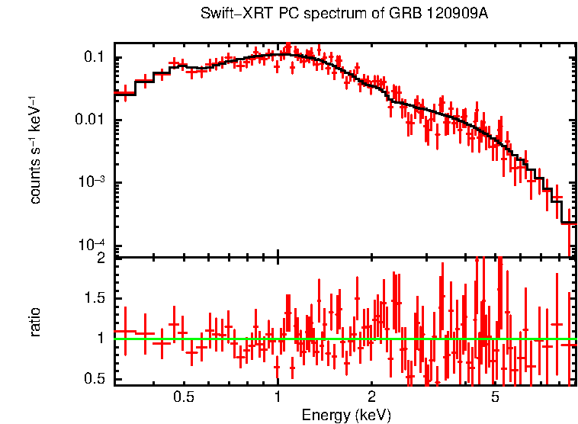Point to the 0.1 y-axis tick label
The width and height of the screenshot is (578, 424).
coord(95,58)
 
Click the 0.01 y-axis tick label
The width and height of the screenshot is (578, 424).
coord(92,120)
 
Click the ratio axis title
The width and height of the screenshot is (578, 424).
coord(35,322)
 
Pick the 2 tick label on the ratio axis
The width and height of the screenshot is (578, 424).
coord(101,258)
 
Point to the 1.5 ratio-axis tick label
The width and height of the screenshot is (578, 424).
coord(95,297)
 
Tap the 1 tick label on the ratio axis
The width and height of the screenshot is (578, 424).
coord(101,338)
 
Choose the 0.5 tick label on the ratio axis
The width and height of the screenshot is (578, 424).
coord(95,378)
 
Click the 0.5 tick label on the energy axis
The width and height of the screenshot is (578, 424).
coord(183,397)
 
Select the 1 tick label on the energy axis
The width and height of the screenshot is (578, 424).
coord(278,397)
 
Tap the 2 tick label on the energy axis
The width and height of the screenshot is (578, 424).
coord(371,397)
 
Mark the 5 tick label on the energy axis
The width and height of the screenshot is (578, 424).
coord(495,397)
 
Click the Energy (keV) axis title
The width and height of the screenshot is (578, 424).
coord(345,415)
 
